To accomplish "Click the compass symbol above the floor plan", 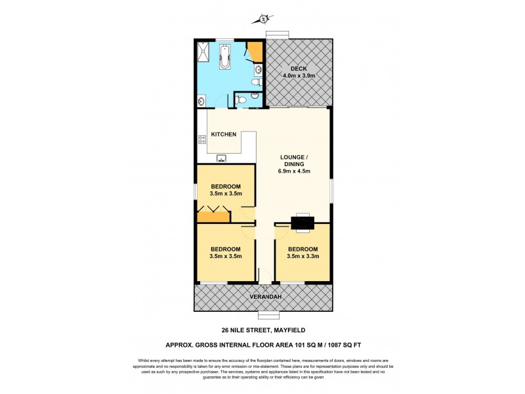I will pos(263,19).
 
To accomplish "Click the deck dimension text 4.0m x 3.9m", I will pos(298,76).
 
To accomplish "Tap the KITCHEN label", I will pos(223,135).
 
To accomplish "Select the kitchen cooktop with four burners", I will pos(201,139).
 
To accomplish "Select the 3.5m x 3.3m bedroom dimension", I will pos(303,257).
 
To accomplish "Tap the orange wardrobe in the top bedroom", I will pos(214,215).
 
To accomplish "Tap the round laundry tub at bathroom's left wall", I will pos(201,101).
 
